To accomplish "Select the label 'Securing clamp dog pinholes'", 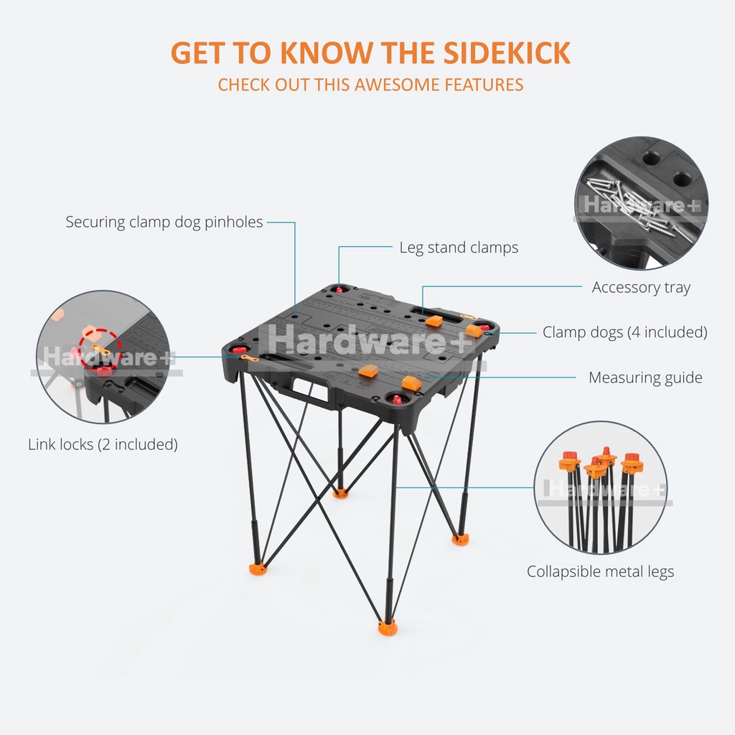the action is (x=164, y=222).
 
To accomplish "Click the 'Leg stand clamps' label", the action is (x=459, y=248).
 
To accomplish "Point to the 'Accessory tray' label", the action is (x=641, y=288).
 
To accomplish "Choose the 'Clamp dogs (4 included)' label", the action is (x=624, y=332).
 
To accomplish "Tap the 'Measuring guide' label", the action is (x=645, y=378).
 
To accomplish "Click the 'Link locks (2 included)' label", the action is (x=103, y=444).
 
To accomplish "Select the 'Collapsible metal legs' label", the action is (x=600, y=572).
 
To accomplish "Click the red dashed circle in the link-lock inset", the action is (x=101, y=349).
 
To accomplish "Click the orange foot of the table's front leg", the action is (x=388, y=628).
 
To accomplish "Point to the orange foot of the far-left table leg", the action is (x=258, y=568).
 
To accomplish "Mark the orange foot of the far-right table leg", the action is (x=459, y=538).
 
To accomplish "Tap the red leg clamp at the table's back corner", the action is (x=340, y=289).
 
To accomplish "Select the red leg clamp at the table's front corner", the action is (x=395, y=398).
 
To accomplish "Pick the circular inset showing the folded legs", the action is (x=601, y=487).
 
